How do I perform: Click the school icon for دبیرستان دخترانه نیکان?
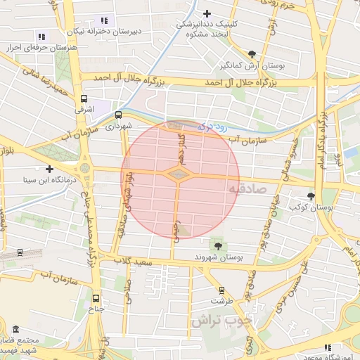pos(104,20)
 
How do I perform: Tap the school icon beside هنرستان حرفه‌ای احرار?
pos(41,37)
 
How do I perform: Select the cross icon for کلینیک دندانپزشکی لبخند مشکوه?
pos(207,13)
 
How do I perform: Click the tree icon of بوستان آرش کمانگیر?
pos(252,53)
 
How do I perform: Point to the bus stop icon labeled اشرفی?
pos(84,99)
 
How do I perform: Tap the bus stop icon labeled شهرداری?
pos(118,114)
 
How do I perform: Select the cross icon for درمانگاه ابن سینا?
pos(49,169)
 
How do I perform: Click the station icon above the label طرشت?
pos(222,289)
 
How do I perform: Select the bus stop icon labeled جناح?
pos(96,297)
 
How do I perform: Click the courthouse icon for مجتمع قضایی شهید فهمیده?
pos(15,329)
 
